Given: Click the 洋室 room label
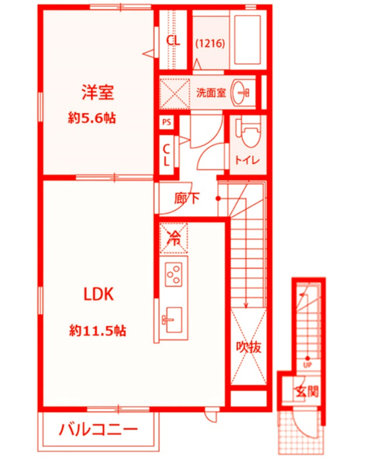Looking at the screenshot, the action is click(98, 92).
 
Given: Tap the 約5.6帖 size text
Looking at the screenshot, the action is click(92, 119).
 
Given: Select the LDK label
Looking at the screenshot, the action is click(99, 295).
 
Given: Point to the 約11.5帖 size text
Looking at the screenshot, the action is click(98, 331).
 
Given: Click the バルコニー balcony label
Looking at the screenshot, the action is click(98, 430).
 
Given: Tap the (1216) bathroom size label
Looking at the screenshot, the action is click(210, 43).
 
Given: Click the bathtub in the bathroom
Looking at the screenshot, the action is click(248, 40).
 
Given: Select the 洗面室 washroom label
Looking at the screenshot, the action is click(211, 93).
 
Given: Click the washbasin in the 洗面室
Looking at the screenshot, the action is click(240, 92).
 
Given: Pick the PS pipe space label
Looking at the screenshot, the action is click(166, 122).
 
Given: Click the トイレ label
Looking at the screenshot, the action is click(247, 160).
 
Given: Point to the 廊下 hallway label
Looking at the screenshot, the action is click(187, 198).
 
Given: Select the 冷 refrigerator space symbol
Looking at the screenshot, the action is click(173, 238).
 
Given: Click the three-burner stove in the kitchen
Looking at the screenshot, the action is click(173, 274).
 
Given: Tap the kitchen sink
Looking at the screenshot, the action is click(173, 320).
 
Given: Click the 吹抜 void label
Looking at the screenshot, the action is click(249, 347).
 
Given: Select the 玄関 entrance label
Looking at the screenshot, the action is click(307, 392).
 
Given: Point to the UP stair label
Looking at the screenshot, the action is click(308, 365).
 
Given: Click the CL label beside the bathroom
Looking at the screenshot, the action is click(173, 40).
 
